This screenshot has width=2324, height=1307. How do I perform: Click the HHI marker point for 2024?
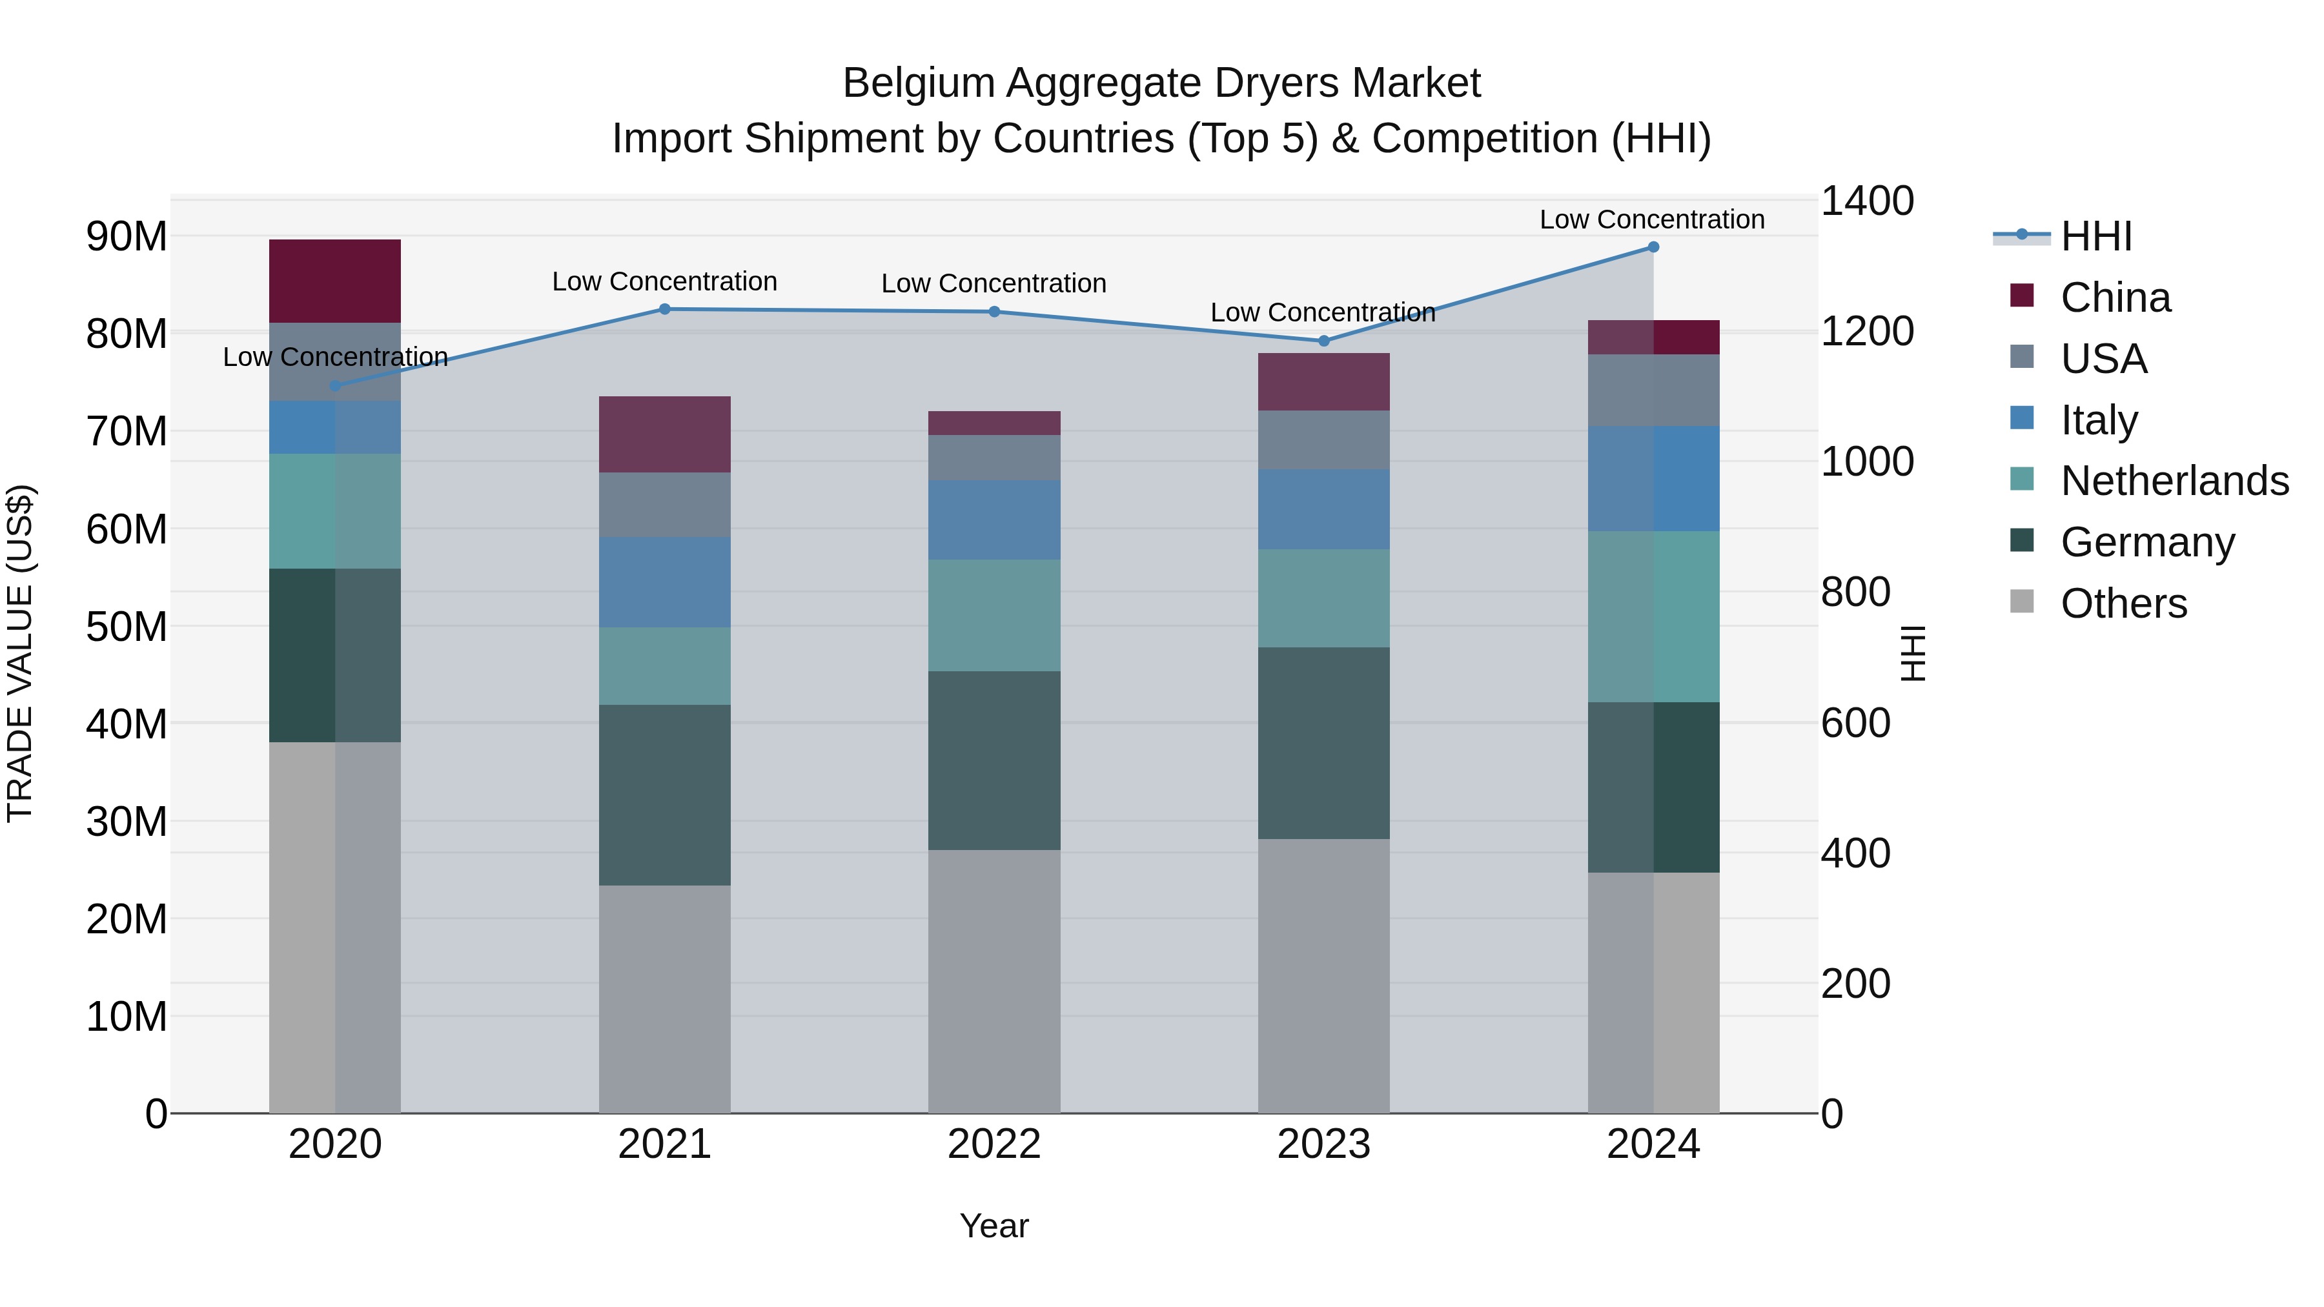(x=1653, y=247)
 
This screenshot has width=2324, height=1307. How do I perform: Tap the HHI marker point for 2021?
(x=665, y=309)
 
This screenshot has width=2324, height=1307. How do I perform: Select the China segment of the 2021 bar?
(x=665, y=434)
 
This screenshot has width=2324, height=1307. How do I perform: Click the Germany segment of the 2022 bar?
(x=994, y=760)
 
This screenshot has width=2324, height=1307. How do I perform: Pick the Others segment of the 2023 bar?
(x=1323, y=975)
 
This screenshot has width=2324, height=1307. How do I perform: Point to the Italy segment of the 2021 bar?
(x=665, y=583)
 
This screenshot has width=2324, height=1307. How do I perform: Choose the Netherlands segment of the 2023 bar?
(x=1323, y=598)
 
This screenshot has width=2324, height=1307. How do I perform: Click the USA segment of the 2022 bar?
(x=994, y=458)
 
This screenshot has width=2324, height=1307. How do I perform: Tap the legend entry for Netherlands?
(x=2174, y=481)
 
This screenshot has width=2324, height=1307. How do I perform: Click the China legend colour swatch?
(x=2022, y=296)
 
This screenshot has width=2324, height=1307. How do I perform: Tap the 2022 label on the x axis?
(x=994, y=1144)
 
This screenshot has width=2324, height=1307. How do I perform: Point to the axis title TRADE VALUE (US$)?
(x=20, y=653)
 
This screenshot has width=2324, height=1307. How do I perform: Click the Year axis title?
(x=994, y=1226)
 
